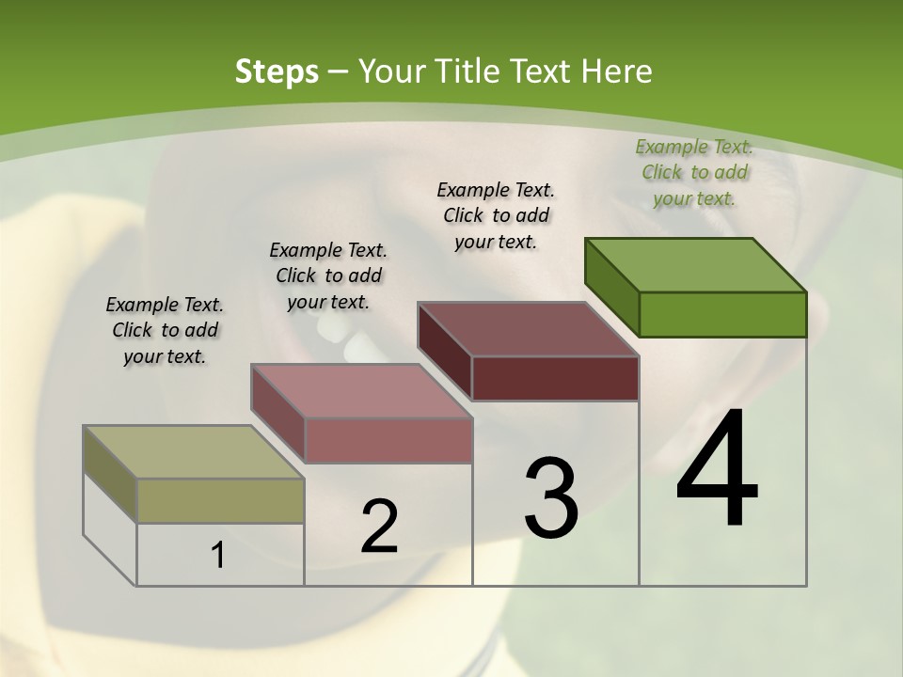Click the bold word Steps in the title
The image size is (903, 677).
coord(277,71)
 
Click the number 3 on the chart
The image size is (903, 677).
coord(550,498)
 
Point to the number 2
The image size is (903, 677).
coord(379,527)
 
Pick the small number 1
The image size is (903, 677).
coord(218,556)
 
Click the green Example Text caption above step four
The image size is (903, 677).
coord(694,172)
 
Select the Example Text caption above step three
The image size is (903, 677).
coord(496,215)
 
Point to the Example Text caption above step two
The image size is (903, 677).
coord(328,276)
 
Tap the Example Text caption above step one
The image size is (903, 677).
coord(165,330)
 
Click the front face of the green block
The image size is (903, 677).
coord(722,314)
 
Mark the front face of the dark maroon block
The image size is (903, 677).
coord(555,378)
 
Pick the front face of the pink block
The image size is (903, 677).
coord(388,440)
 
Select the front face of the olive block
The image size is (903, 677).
coord(221,500)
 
